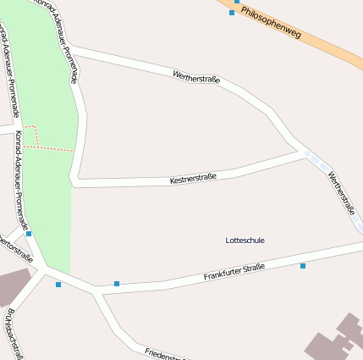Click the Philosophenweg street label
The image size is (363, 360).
[271, 23]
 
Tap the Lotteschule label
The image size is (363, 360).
[245, 241]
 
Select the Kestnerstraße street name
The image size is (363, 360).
[193, 178]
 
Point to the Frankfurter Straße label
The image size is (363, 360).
[234, 273]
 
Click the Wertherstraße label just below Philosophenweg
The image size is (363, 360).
[196, 78]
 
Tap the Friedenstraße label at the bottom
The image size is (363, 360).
[165, 354]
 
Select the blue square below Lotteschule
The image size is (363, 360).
[302, 266]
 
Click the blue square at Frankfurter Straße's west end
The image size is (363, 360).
[117, 283]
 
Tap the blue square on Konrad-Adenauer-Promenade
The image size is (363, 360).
[29, 234]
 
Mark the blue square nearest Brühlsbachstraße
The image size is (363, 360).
[58, 285]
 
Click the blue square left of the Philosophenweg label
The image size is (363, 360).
[232, 13]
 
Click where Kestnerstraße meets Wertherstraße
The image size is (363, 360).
[303, 152]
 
